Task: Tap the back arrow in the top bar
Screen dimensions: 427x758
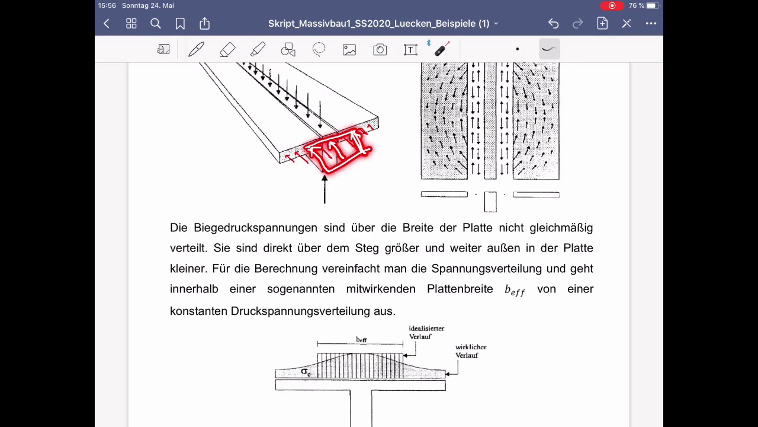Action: click(x=107, y=24)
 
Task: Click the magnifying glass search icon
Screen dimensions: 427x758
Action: click(x=156, y=24)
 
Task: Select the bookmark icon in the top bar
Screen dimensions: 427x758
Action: click(x=180, y=24)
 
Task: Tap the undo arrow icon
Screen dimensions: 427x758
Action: click(x=553, y=24)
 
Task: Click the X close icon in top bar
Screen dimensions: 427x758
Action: click(x=627, y=24)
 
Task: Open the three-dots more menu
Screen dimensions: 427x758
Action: click(x=651, y=24)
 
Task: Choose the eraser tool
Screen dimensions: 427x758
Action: click(x=227, y=50)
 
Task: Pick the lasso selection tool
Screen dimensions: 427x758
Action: click(x=319, y=49)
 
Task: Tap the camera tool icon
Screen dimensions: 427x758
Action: click(x=380, y=50)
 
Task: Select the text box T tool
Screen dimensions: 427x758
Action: click(x=410, y=50)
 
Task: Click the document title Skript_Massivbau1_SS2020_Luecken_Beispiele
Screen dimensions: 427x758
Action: click(x=379, y=24)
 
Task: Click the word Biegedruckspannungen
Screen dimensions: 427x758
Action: click(x=255, y=228)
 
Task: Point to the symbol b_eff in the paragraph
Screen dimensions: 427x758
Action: click(x=514, y=290)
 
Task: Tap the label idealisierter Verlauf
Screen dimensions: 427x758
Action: click(x=426, y=332)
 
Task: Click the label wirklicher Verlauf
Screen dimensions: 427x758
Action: click(x=471, y=351)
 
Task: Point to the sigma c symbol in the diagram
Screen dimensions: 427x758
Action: click(x=306, y=372)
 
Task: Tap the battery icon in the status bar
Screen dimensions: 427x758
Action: click(x=652, y=5)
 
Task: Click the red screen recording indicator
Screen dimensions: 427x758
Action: click(x=612, y=5)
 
